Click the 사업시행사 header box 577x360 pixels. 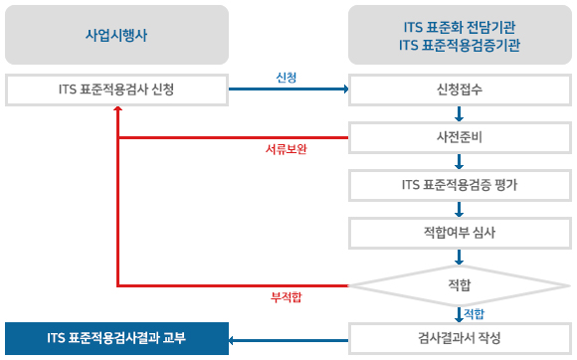point(116,35)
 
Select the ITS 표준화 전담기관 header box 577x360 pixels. point(460,35)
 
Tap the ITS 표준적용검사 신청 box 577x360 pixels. point(116,90)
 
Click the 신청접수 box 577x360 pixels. point(460,90)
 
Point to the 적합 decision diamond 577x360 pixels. point(460,285)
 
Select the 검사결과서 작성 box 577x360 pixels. point(460,339)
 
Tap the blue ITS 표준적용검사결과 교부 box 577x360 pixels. point(116,339)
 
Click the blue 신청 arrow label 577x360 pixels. point(287,78)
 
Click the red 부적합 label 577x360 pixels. point(287,297)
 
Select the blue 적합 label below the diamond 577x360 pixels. point(475,313)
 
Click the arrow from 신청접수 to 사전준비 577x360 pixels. point(460,114)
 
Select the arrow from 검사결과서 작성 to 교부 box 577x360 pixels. point(288,340)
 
